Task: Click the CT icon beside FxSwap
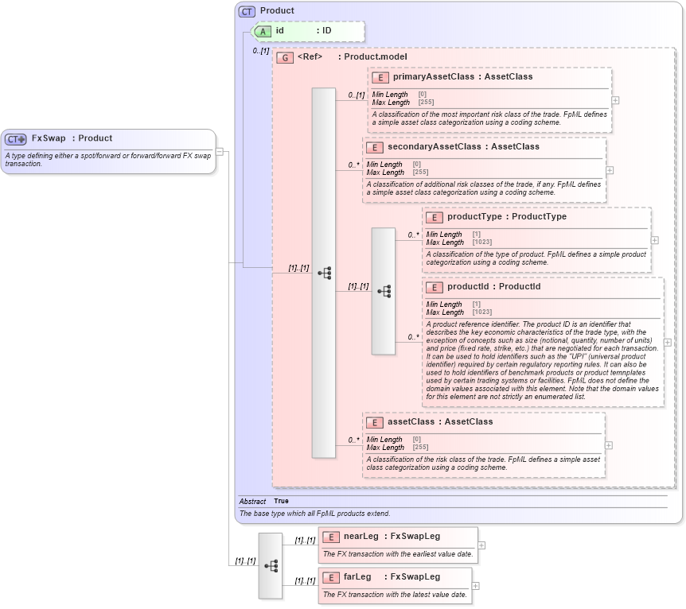click(16, 139)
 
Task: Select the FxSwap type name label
click(49, 138)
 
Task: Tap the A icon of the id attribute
click(262, 31)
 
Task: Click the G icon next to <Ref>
click(284, 57)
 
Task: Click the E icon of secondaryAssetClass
click(375, 147)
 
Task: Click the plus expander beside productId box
click(667, 343)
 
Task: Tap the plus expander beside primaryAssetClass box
click(615, 101)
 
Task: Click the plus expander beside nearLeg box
click(481, 545)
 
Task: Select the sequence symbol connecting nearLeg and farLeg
click(271, 565)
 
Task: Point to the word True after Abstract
click(281, 502)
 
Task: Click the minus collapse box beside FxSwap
click(220, 152)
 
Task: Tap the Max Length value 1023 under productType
click(481, 242)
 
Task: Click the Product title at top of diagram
click(277, 11)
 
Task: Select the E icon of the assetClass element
click(375, 422)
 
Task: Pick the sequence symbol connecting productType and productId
click(384, 291)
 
